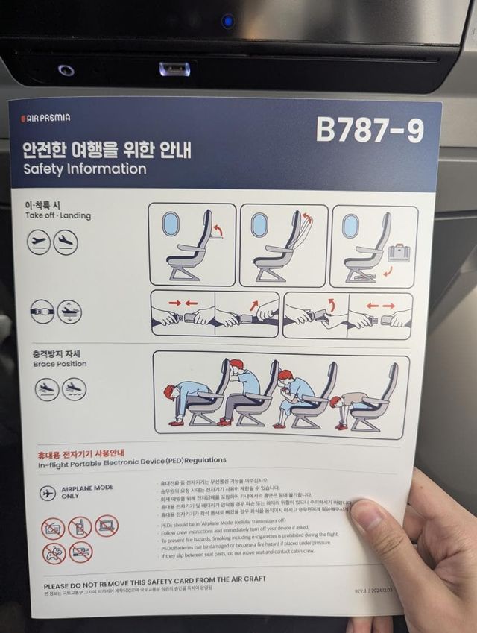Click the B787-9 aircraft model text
coord(370,130)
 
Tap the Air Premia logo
coord(45,118)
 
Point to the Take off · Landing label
coord(57,216)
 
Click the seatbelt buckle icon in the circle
coord(42,311)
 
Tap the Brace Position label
coord(60,364)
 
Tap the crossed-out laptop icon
coord(106,526)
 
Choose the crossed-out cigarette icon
coord(80,552)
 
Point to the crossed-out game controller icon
coord(54,553)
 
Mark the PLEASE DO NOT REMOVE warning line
coord(154,579)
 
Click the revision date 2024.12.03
coord(390,590)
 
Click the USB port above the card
coord(174,69)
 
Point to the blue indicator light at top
coord(227,21)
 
